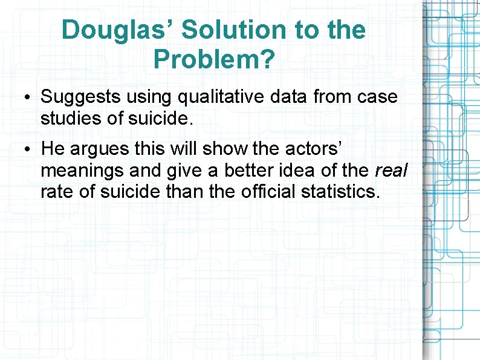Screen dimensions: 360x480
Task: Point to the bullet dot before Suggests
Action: (29, 97)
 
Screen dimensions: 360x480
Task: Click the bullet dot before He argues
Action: (29, 149)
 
